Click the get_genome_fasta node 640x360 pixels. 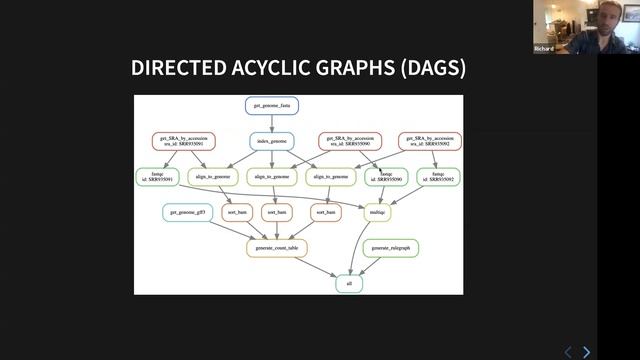(271, 104)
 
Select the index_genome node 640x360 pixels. (271, 141)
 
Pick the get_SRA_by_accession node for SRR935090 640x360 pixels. (350, 141)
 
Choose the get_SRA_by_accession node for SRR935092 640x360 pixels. (430, 141)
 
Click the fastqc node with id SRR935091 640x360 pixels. (157, 177)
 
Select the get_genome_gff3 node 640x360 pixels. (187, 212)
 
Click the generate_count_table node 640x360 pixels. (277, 247)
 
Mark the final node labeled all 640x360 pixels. (348, 283)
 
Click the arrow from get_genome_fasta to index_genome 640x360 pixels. (271, 122)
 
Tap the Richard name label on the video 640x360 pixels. (544, 47)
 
